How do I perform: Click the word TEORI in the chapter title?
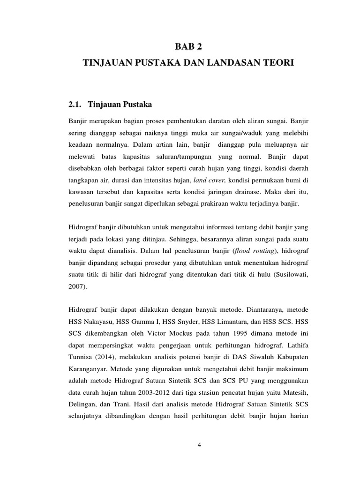pyautogui.click(x=279, y=62)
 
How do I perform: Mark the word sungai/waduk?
pyautogui.click(x=225, y=134)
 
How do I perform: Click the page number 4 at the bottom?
pyautogui.click(x=199, y=445)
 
